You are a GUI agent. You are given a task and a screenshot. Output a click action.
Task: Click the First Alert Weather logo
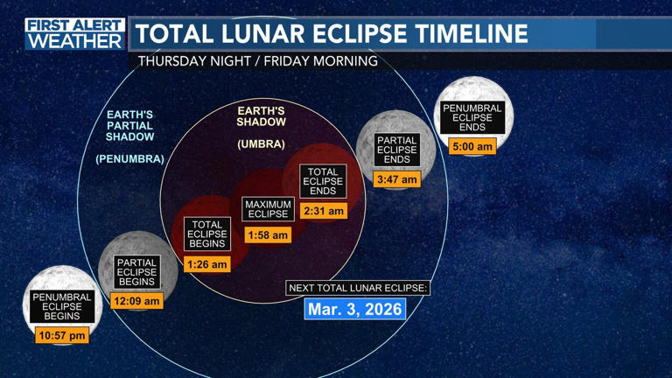pyautogui.click(x=75, y=33)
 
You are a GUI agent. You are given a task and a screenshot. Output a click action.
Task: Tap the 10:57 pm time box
pyautogui.click(x=62, y=334)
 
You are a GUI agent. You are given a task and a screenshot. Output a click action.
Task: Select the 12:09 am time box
pyautogui.click(x=137, y=301)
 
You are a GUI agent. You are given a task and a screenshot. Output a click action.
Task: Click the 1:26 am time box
pyautogui.click(x=207, y=263)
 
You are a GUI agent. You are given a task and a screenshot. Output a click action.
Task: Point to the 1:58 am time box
pyautogui.click(x=268, y=234)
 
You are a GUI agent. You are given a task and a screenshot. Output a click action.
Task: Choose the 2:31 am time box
pyautogui.click(x=323, y=211)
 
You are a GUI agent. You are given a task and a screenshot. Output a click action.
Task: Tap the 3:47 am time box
pyautogui.click(x=397, y=179)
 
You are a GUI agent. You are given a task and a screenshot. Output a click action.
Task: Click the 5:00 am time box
pyautogui.click(x=472, y=147)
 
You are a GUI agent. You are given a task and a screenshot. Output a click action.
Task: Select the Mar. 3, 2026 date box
pyautogui.click(x=354, y=309)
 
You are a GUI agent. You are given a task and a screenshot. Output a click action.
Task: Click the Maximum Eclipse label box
pyautogui.click(x=268, y=209)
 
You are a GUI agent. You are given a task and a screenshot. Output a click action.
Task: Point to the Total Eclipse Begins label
pyautogui.click(x=207, y=234)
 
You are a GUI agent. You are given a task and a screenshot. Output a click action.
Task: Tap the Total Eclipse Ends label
pyautogui.click(x=323, y=182)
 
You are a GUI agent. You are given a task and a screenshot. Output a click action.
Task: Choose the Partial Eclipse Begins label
pyautogui.click(x=137, y=272)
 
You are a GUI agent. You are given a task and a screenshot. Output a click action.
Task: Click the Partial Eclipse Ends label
pyautogui.click(x=397, y=150)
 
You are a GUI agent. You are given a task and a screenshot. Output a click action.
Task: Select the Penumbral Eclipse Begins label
pyautogui.click(x=62, y=306)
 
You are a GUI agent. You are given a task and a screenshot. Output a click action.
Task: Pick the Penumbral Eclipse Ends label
pyautogui.click(x=472, y=118)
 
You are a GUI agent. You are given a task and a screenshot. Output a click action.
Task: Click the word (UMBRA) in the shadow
pyautogui.click(x=261, y=143)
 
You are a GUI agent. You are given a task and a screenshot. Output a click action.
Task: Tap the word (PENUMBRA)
pyautogui.click(x=130, y=159)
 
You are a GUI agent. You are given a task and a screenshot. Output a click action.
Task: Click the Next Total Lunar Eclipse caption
pyautogui.click(x=358, y=288)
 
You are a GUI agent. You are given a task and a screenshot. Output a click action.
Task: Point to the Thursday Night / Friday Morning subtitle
pyautogui.click(x=258, y=61)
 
